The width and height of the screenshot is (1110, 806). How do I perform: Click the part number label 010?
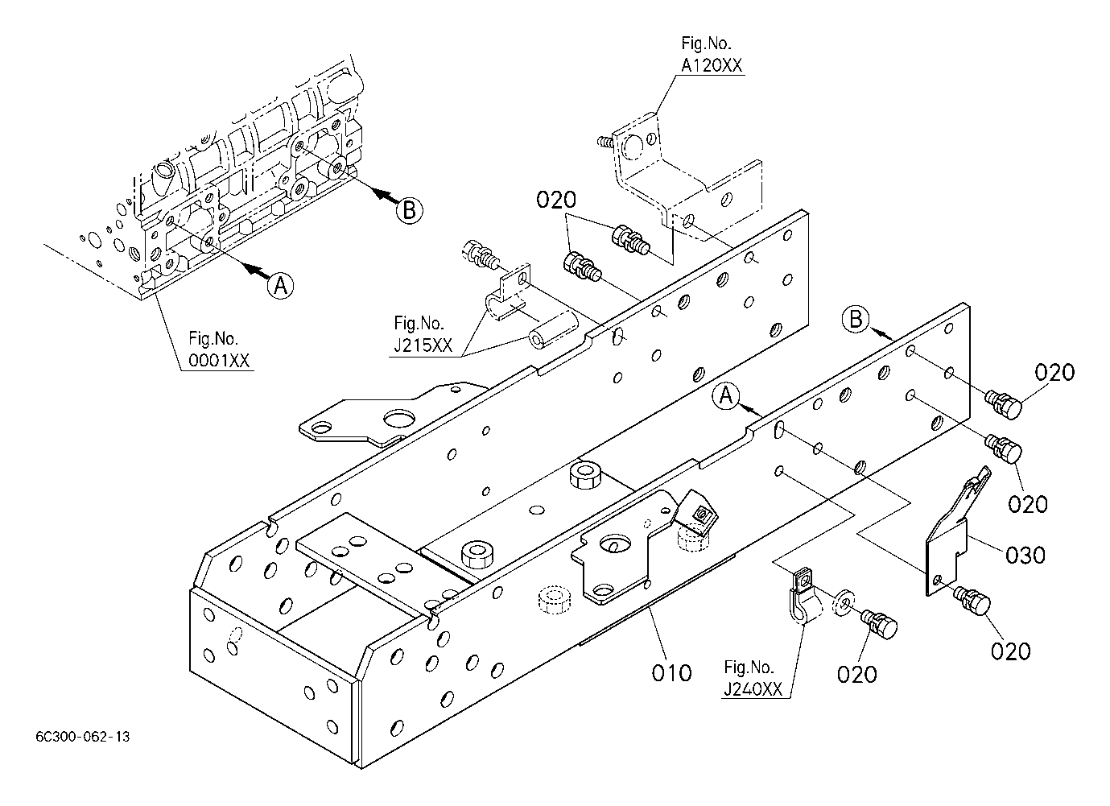671,673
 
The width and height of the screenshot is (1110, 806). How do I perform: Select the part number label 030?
1025,555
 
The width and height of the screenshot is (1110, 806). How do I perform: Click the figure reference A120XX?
712,65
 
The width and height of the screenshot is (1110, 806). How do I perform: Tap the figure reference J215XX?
423,345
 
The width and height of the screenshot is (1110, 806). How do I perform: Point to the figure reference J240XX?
753,689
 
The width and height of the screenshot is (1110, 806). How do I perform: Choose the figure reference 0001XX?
218,361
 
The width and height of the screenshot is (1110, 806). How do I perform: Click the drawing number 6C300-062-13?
83,737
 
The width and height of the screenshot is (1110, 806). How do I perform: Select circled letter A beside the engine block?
280,286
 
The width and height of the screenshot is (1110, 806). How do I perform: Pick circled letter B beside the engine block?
410,210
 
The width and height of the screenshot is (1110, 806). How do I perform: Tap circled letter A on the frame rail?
726,396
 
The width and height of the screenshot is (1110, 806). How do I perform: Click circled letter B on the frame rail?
856,319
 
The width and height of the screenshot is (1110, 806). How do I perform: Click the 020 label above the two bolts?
556,200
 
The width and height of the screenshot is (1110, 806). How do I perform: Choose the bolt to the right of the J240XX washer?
879,624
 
